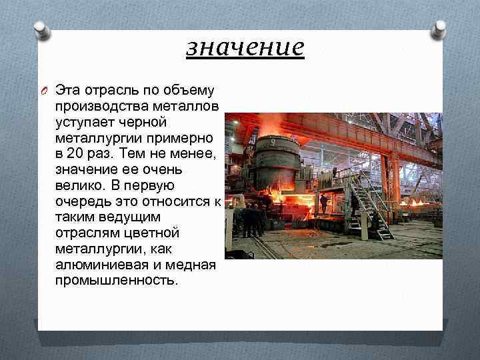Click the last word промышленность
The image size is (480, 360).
116,280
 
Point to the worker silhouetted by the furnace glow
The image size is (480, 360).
323,202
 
